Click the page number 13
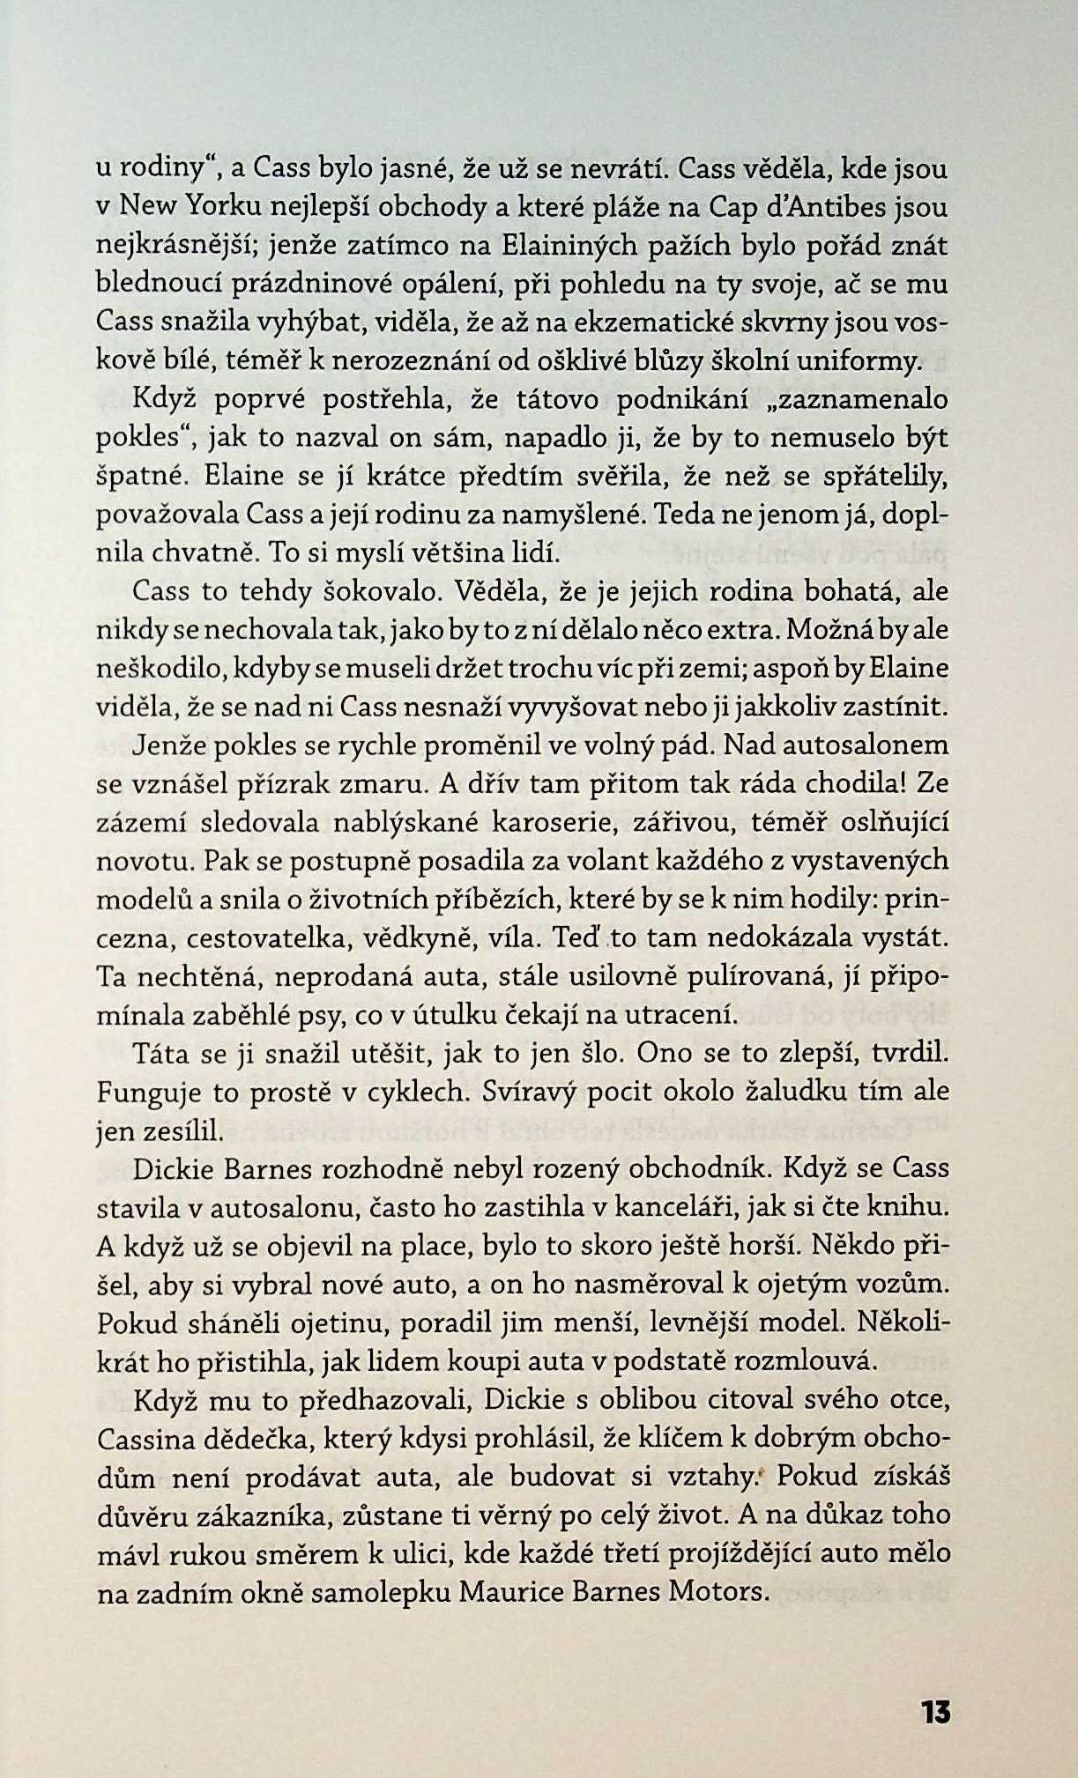coord(935,1712)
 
